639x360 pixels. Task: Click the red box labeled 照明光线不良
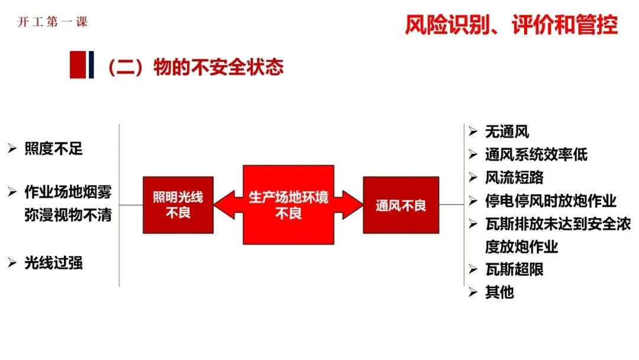pos(177,205)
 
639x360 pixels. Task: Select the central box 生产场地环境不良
pos(288,205)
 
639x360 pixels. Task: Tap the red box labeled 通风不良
pos(401,205)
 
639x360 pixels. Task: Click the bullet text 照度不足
pos(53,149)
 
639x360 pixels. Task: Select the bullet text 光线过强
pos(53,263)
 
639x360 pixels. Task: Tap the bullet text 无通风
pos(506,132)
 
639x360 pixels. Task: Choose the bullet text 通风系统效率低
pos(536,155)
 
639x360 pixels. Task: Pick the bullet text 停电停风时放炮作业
pos(551,201)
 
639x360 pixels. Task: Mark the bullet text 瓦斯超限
pos(514,269)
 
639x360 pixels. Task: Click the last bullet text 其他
pos(499,292)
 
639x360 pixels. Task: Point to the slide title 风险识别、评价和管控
pos(511,25)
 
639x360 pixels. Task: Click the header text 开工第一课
pos(53,22)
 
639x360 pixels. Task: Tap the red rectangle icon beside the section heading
pos(78,65)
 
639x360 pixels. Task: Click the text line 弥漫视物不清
pos(68,214)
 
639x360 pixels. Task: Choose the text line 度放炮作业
pos(521,246)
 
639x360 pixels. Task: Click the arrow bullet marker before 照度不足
pos(12,149)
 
